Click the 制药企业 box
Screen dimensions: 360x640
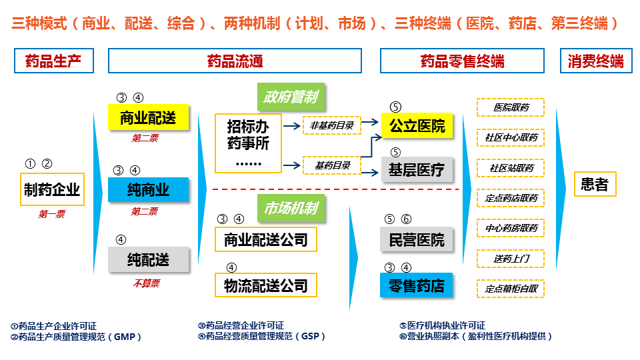pyautogui.click(x=51, y=189)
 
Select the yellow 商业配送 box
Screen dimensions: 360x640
pyautogui.click(x=148, y=118)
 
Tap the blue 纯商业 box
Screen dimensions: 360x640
pyautogui.click(x=148, y=190)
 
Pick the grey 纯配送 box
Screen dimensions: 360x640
pyautogui.click(x=148, y=259)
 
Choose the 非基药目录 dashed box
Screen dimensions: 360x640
pyautogui.click(x=331, y=125)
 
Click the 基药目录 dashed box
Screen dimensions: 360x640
pyautogui.click(x=331, y=164)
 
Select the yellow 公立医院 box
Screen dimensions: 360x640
pyautogui.click(x=417, y=125)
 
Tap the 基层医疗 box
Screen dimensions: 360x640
pyautogui.click(x=417, y=170)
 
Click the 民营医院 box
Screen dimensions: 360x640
pyautogui.click(x=417, y=239)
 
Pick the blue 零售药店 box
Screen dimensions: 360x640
pyautogui.click(x=417, y=286)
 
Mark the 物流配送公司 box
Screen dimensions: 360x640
pyautogui.click(x=265, y=285)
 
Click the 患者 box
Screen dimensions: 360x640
pyautogui.click(x=595, y=184)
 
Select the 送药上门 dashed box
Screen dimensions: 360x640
pyautogui.click(x=511, y=259)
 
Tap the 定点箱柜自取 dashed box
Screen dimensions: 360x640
pyautogui.click(x=511, y=289)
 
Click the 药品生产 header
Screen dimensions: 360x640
pyautogui.click(x=53, y=61)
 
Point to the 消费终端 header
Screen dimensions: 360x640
pyautogui.click(x=595, y=61)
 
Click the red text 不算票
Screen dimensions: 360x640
pyautogui.click(x=145, y=283)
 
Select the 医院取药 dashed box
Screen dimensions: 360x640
pyautogui.click(x=511, y=107)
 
